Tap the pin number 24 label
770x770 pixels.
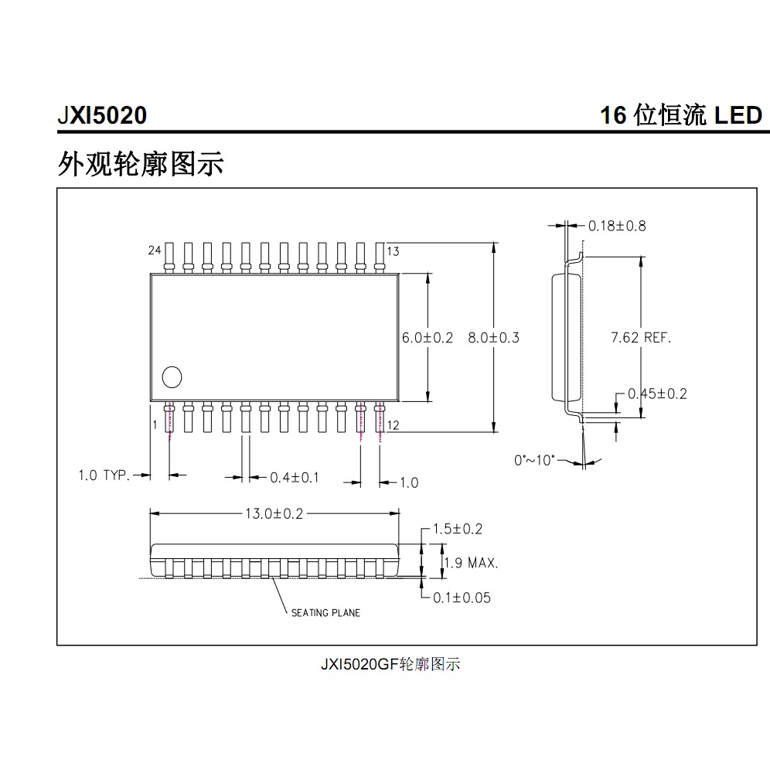155,250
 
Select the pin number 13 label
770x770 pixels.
393,250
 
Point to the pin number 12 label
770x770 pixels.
393,425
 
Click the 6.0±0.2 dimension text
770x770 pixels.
427,338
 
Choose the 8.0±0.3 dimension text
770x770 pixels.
494,338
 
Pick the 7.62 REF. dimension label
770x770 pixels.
641,338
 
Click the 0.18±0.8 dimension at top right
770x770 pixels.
617,226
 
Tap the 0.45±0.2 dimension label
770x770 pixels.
657,394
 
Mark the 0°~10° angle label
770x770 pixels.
535,460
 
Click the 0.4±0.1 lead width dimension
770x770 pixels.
295,478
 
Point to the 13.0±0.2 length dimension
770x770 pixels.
274,513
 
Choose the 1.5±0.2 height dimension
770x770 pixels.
457,530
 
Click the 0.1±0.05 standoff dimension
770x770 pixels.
461,598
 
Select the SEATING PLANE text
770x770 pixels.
325,613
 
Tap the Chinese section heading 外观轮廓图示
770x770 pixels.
141,163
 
